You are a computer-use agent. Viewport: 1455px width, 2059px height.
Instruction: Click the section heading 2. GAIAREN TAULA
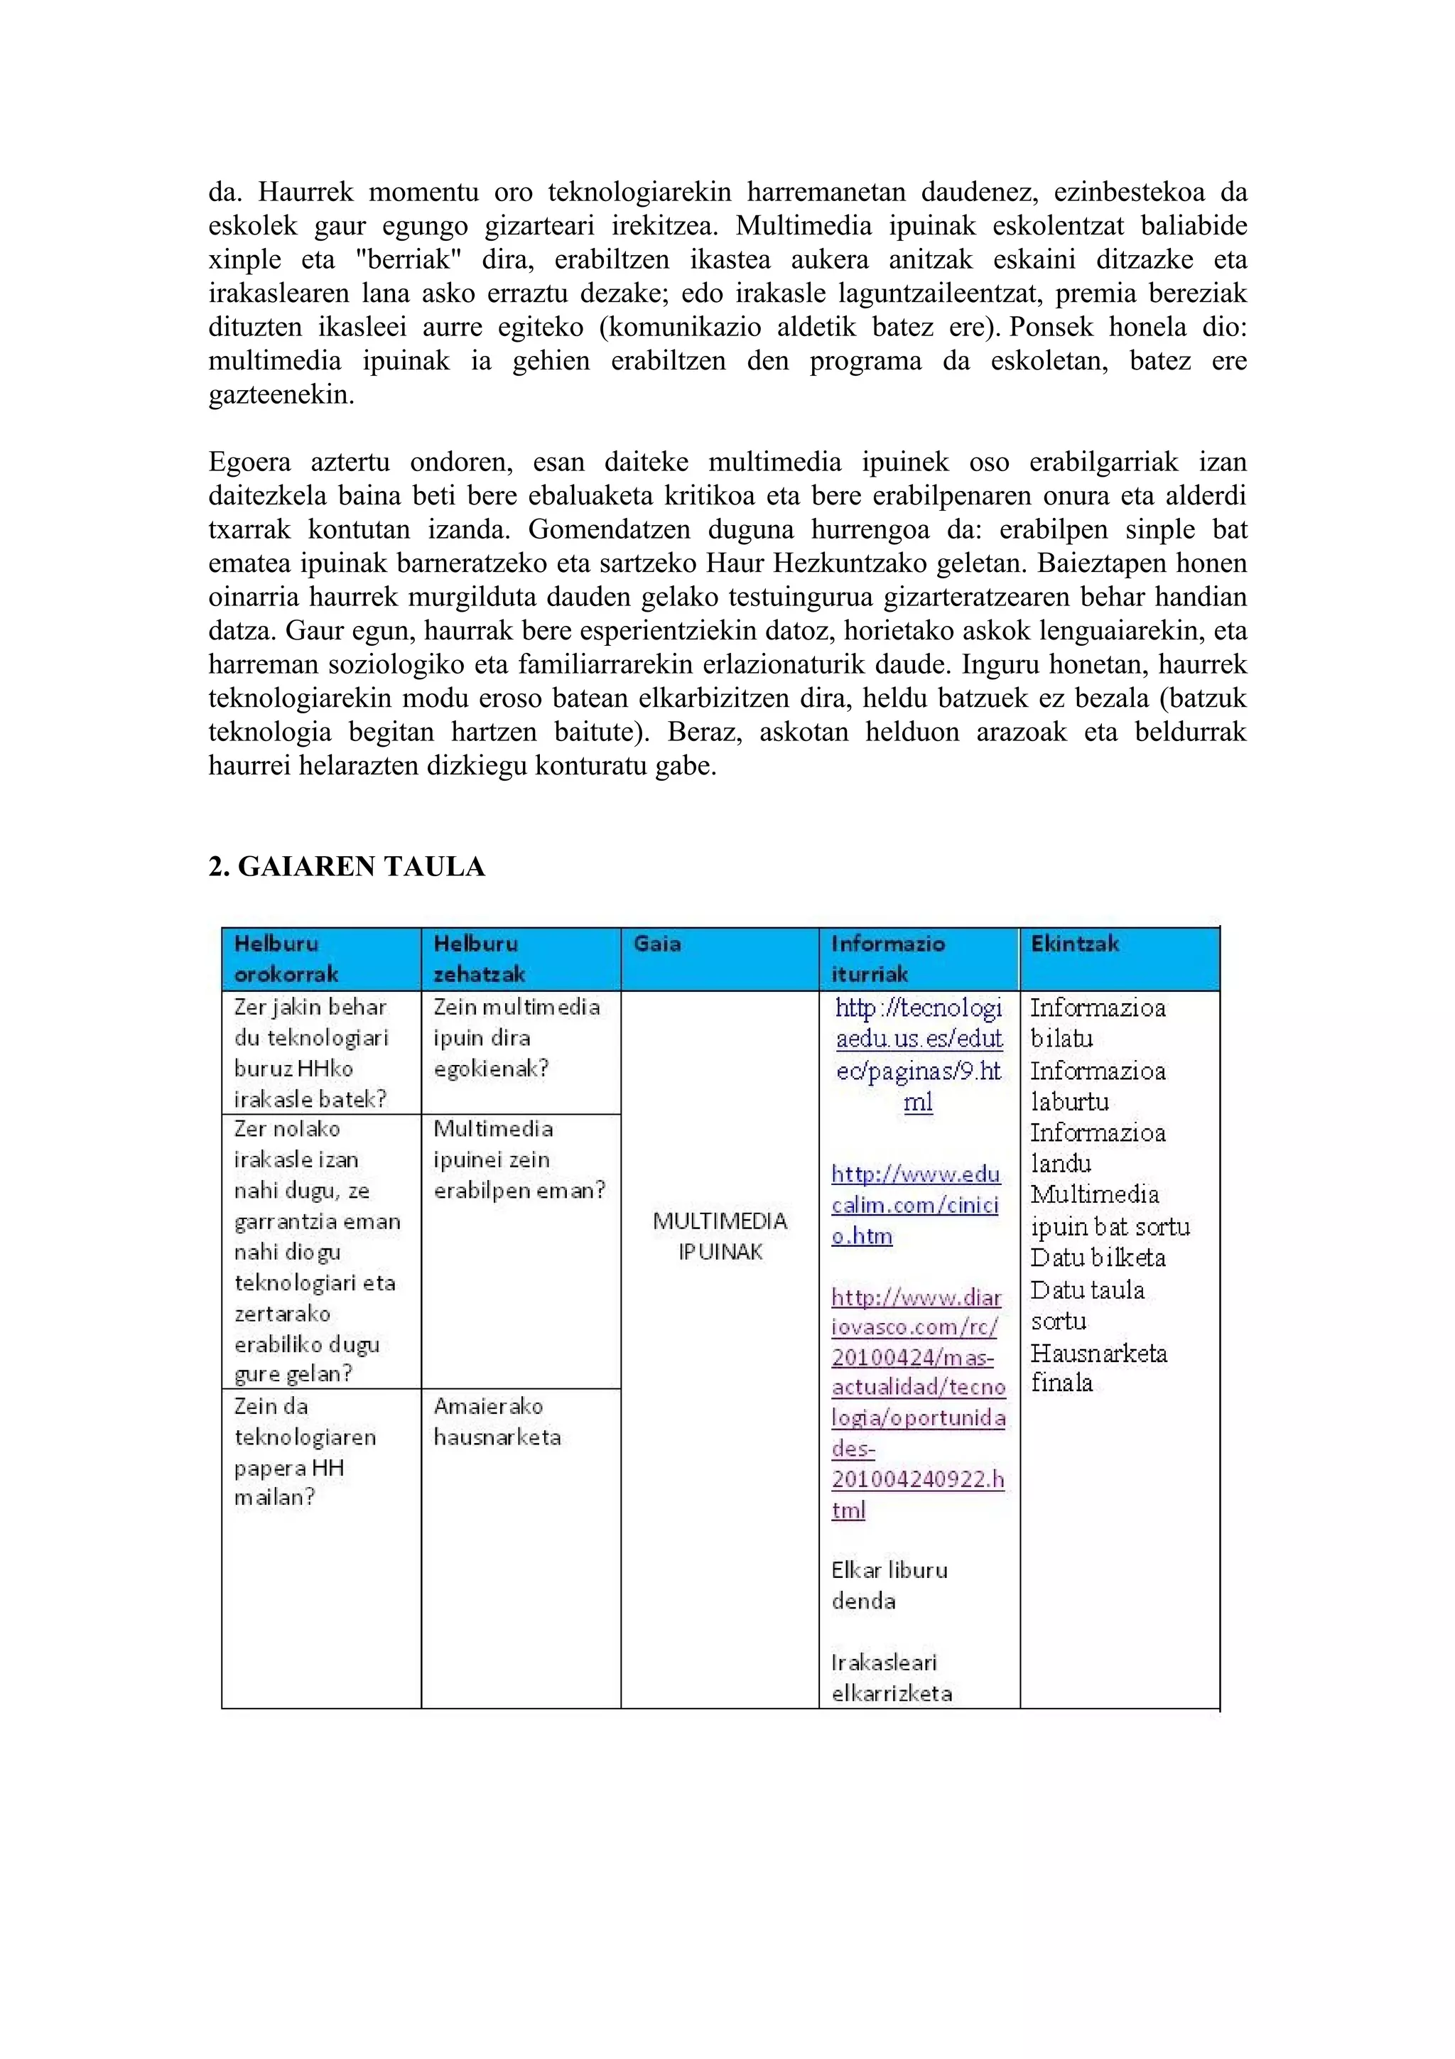pos(346,866)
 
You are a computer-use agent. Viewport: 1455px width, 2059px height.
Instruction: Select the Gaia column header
pos(657,944)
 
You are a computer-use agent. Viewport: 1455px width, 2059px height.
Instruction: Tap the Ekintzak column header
pos(1074,944)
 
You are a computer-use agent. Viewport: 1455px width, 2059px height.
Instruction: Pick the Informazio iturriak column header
pos(887,958)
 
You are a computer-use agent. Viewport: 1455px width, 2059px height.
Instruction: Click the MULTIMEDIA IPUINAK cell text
pos(720,1236)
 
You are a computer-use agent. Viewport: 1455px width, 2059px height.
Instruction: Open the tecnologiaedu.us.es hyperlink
pos(918,1054)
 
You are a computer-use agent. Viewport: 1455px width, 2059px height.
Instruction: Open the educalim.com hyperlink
pos(914,1204)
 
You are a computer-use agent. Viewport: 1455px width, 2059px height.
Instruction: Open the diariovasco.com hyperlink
pos(918,1403)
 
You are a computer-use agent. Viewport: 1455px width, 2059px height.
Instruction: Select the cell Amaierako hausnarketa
pos(497,1422)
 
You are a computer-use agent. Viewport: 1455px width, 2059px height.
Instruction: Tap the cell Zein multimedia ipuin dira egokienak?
pos(516,1037)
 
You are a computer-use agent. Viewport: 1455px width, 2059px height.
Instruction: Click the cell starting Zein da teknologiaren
pos(304,1451)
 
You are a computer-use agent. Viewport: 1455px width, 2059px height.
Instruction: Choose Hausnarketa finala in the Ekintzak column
pos(1098,1368)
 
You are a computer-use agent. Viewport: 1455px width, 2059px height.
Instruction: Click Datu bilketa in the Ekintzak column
pos(1098,1258)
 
